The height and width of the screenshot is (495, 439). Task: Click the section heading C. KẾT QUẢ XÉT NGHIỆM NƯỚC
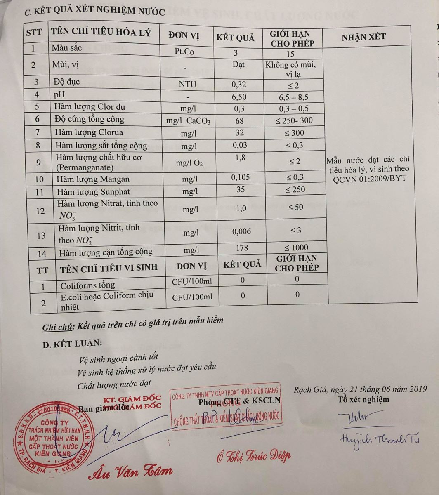click(94, 11)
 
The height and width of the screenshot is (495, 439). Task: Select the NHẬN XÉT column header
click(363, 37)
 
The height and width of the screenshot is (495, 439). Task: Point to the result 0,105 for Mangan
click(241, 178)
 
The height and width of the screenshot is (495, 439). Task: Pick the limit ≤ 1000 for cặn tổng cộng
click(296, 247)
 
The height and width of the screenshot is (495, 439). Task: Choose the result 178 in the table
click(241, 247)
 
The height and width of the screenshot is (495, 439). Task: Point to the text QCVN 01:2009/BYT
click(370, 178)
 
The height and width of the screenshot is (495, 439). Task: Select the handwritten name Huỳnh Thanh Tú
click(380, 440)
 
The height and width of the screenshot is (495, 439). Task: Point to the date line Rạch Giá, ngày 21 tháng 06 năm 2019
click(360, 389)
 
